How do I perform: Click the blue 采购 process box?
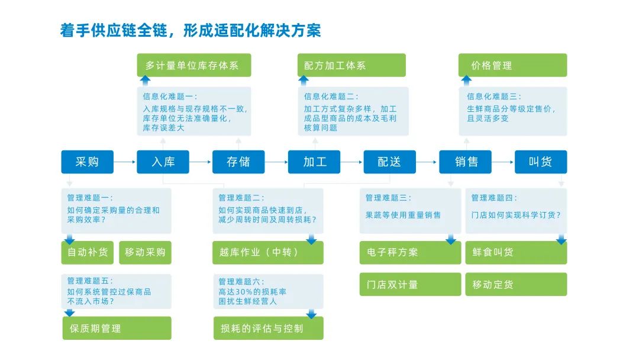[x=87, y=162]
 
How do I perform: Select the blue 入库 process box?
[x=163, y=162]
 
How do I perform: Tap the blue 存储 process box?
[x=238, y=162]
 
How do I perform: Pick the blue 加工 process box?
[x=314, y=162]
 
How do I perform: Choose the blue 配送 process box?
[x=389, y=162]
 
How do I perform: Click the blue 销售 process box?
[x=466, y=162]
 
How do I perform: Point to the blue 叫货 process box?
[x=541, y=162]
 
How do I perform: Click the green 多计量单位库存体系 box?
[x=194, y=65]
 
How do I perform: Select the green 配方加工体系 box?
[x=351, y=65]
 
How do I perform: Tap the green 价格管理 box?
[x=512, y=65]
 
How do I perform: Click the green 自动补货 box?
[x=88, y=253]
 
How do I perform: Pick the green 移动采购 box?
[x=146, y=253]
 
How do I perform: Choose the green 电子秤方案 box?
[x=411, y=253]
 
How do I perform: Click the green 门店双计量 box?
[x=411, y=284]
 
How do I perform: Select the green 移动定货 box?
[x=517, y=284]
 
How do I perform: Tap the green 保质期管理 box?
[x=117, y=328]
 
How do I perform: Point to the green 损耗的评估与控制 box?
[x=269, y=328]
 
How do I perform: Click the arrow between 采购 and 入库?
[x=125, y=162]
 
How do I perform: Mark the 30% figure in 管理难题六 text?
[x=244, y=292]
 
